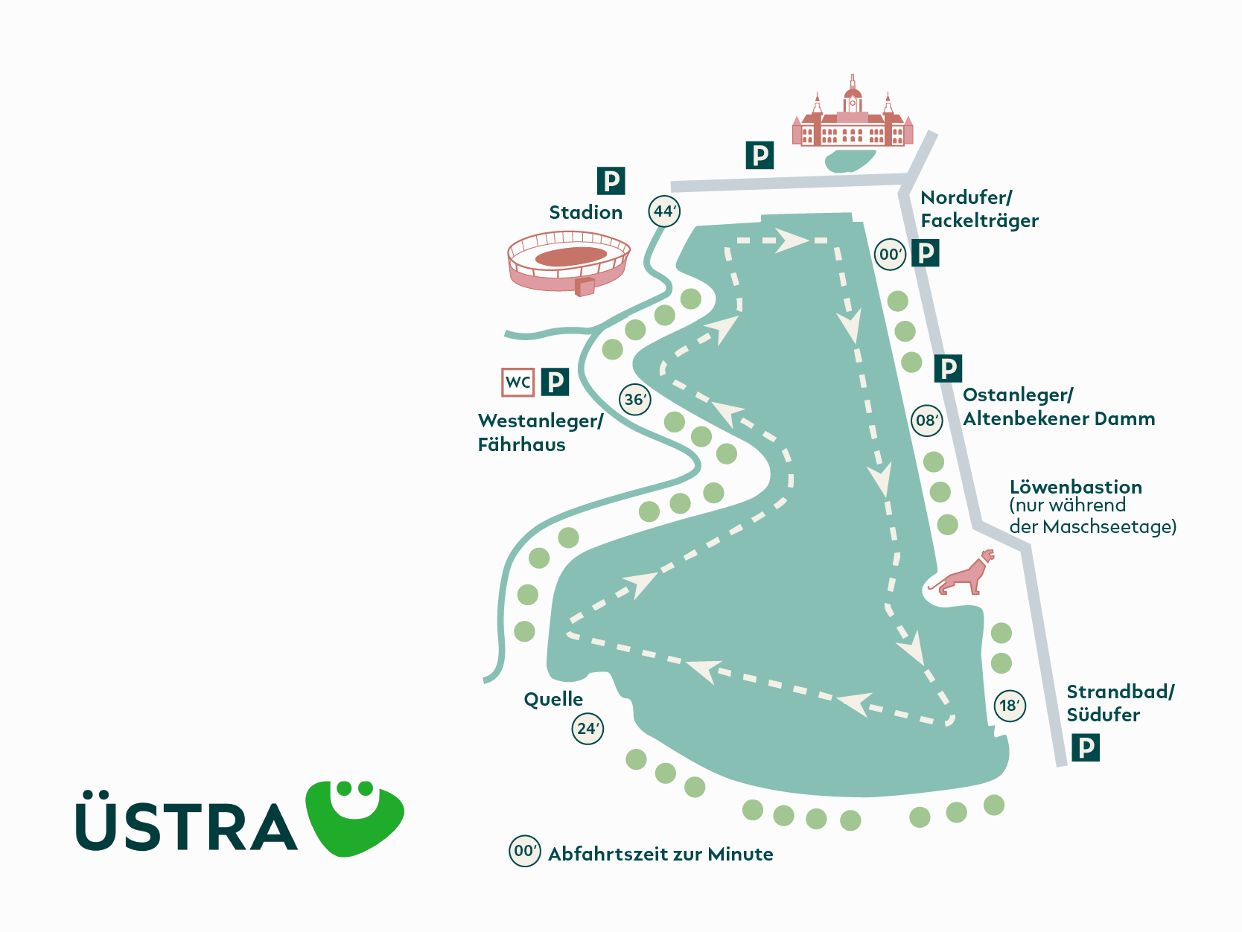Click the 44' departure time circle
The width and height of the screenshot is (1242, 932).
(x=664, y=211)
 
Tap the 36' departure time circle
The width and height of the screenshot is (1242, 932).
(x=635, y=400)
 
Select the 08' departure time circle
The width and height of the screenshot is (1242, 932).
(x=927, y=421)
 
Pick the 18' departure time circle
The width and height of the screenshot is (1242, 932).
(x=1010, y=706)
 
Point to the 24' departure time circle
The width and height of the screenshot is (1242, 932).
(x=587, y=729)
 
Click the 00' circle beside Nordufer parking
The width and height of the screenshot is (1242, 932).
(x=890, y=255)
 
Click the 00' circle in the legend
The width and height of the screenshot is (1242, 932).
(x=524, y=851)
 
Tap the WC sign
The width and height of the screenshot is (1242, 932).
(x=517, y=382)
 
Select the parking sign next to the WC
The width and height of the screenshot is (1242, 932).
(x=555, y=382)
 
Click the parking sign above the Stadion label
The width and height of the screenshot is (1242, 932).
(x=611, y=181)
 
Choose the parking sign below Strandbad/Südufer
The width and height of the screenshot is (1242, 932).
(x=1086, y=747)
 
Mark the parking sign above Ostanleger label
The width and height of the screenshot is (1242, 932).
(x=948, y=368)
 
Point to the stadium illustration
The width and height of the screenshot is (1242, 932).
(x=569, y=261)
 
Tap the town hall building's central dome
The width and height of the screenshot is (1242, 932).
(x=853, y=97)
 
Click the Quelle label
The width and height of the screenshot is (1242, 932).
(x=553, y=699)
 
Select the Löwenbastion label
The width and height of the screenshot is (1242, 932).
(x=1075, y=487)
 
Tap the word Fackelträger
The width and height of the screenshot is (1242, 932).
(x=979, y=221)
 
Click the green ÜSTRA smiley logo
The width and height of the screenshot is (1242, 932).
(x=355, y=817)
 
